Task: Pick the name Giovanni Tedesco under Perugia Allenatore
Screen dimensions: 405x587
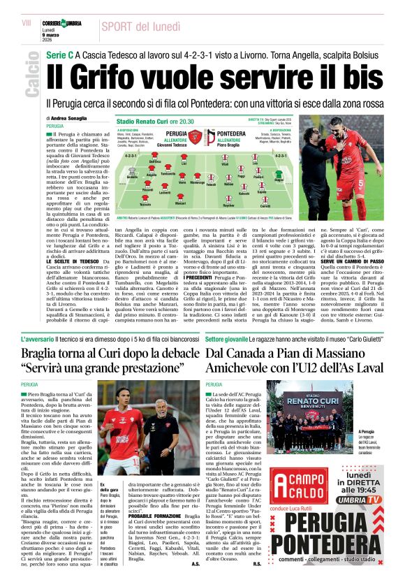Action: pos(171,146)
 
